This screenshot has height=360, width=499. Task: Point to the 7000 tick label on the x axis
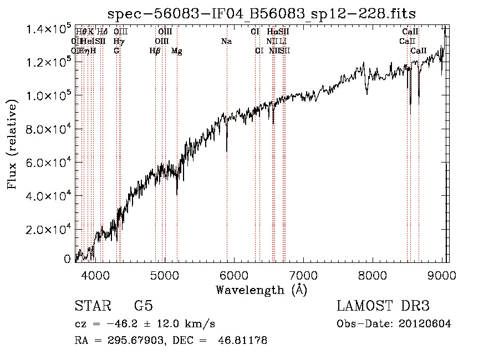[303, 275]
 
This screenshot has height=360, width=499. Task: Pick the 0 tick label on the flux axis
[67, 259]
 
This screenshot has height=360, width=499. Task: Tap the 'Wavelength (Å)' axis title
[261, 290]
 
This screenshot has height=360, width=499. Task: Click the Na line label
[226, 41]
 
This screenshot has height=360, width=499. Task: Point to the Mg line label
[177, 51]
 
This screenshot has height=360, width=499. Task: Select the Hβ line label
[155, 51]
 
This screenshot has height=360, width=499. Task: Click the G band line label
[116, 51]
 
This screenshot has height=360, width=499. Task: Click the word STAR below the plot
[92, 307]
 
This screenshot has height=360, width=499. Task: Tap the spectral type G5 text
[144, 307]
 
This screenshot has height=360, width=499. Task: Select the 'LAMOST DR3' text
[383, 307]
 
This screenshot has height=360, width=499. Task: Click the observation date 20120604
[424, 324]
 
